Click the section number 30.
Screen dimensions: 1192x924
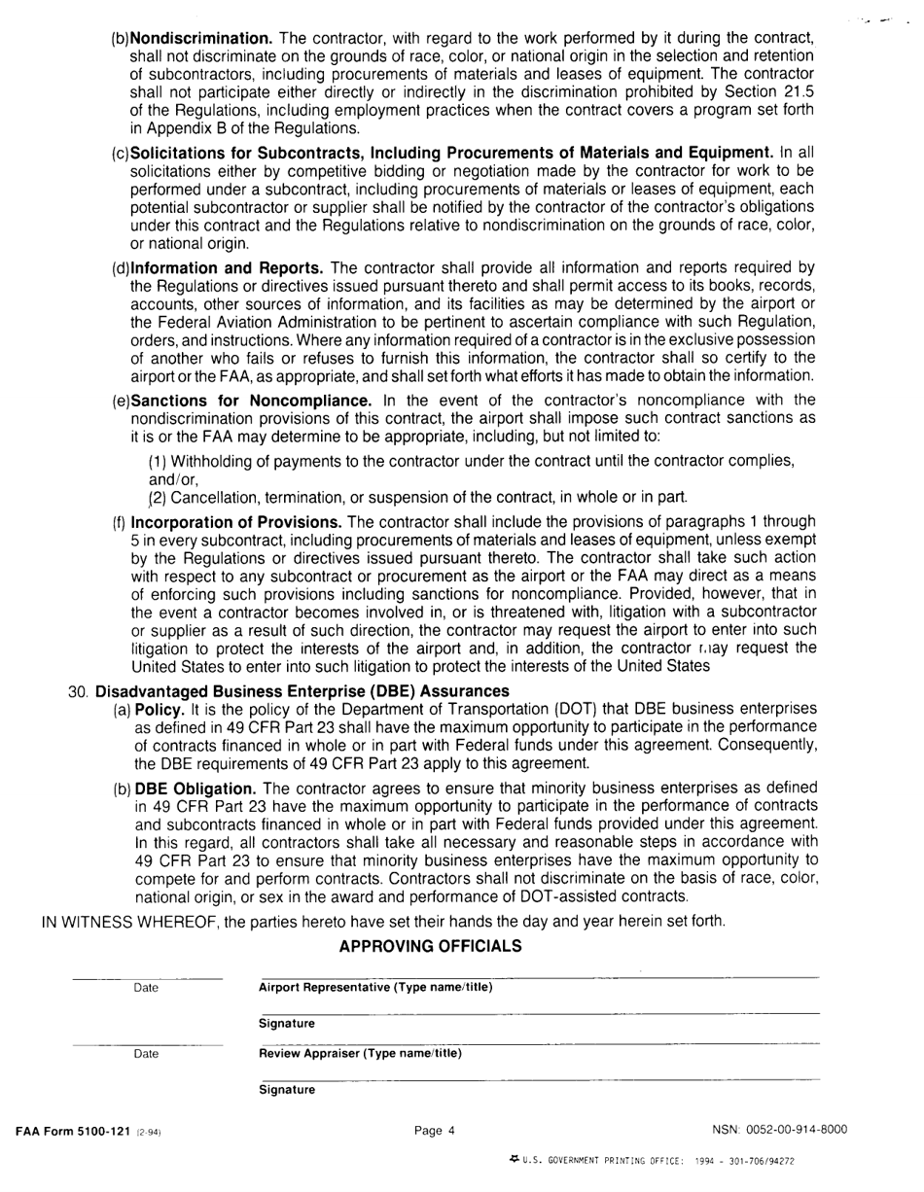click(79, 691)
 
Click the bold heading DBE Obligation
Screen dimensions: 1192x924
click(195, 788)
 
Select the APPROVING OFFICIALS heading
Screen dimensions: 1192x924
click(430, 946)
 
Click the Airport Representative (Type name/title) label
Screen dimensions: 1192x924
click(375, 988)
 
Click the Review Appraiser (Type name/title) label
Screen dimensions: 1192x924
click(360, 1053)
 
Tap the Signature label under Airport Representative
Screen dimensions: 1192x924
click(287, 1024)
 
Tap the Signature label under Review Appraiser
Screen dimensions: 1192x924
click(287, 1090)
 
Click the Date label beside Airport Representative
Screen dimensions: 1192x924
click(146, 988)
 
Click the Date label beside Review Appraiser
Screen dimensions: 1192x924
click(146, 1053)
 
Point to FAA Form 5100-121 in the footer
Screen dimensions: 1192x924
click(72, 1130)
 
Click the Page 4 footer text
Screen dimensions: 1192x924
click(434, 1130)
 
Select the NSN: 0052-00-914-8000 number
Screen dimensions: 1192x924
click(779, 1130)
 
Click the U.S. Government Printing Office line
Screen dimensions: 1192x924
click(652, 1160)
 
